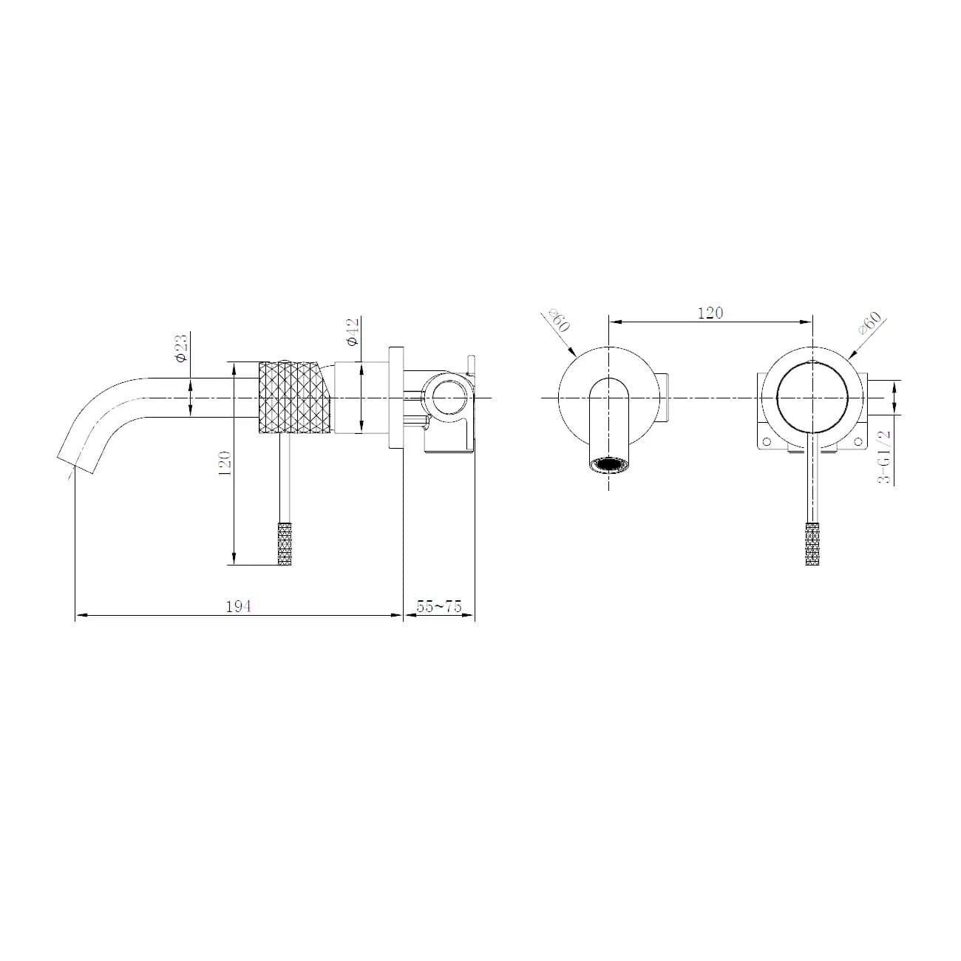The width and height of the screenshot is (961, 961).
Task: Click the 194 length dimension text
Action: click(x=238, y=606)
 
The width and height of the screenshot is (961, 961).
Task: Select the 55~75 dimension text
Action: click(x=439, y=606)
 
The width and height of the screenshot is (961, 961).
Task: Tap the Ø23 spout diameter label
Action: click(x=182, y=349)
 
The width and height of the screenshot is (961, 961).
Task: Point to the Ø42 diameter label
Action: click(x=353, y=332)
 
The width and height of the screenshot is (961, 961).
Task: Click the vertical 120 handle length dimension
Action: click(x=225, y=463)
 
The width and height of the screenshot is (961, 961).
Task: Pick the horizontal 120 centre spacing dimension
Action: click(x=710, y=313)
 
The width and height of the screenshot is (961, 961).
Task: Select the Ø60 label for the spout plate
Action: click(x=558, y=320)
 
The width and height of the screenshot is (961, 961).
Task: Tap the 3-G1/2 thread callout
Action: click(x=883, y=456)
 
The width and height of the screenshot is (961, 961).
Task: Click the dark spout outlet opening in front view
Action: click(x=608, y=465)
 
